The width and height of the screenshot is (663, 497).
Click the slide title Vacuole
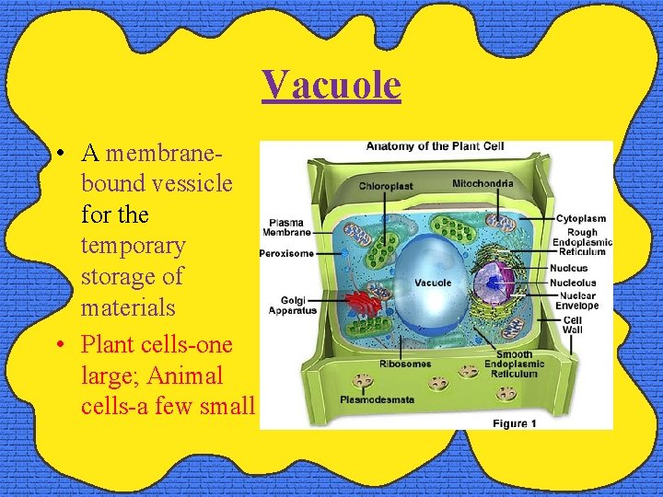click(x=331, y=85)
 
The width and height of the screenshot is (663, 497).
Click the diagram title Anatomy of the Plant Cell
click(x=435, y=146)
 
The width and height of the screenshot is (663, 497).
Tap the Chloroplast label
click(x=386, y=186)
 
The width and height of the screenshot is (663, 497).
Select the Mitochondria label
click(x=483, y=184)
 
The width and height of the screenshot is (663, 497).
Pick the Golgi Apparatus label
click(x=292, y=305)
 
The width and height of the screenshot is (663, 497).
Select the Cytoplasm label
click(x=581, y=218)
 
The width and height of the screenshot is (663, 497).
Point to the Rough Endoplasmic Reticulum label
click(x=582, y=242)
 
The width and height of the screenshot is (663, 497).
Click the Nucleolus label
click(x=575, y=283)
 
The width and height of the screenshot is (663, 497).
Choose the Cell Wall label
click(x=572, y=325)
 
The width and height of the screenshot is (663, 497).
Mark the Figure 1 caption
click(x=515, y=423)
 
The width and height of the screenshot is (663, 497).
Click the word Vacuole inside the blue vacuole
click(x=432, y=283)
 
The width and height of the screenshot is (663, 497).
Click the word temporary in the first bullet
click(x=133, y=246)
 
